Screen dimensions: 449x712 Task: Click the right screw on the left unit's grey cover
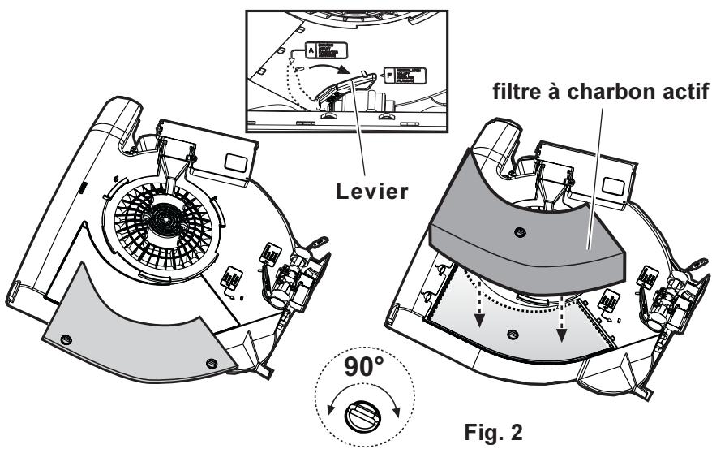point(212,361)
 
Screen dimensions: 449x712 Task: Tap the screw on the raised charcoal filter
point(520,231)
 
